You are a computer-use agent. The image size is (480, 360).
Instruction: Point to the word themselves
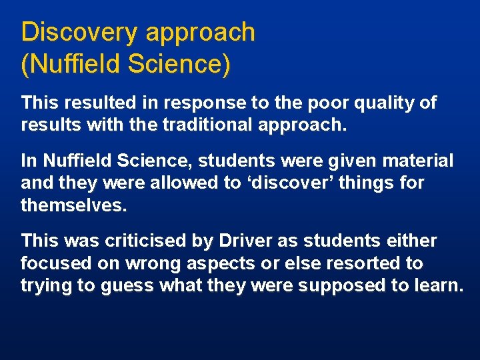coord(73,205)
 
